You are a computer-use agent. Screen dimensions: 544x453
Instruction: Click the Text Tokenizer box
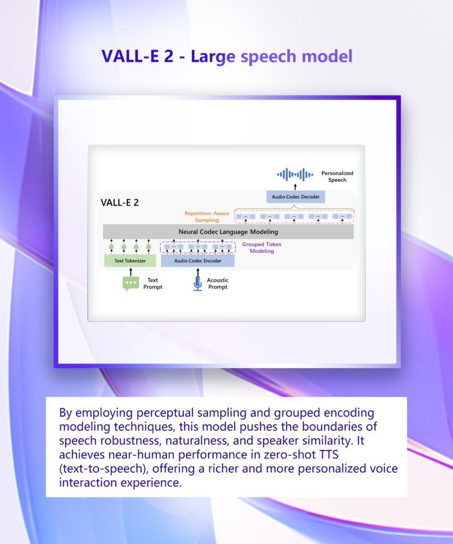tap(130, 261)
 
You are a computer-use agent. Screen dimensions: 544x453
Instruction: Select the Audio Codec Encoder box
tap(197, 261)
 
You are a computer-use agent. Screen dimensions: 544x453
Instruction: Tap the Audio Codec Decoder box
tap(295, 197)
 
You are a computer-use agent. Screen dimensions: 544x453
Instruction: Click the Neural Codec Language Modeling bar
tap(228, 232)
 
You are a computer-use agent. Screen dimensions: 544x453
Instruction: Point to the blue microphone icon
tap(198, 283)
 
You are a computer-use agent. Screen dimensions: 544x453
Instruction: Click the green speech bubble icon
tap(130, 283)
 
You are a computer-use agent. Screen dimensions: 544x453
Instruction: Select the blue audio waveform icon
tap(295, 174)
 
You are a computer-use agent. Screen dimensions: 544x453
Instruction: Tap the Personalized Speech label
tap(337, 176)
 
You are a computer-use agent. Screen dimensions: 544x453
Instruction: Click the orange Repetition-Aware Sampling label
tap(207, 216)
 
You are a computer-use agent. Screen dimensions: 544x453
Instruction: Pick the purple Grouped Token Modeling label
tap(262, 248)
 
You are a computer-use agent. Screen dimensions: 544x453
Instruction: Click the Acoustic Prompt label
tap(217, 284)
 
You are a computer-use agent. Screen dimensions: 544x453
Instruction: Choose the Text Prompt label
tap(153, 284)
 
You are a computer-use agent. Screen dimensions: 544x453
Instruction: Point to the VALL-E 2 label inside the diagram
tap(120, 202)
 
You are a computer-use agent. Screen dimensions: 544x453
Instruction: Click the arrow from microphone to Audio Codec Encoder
tap(198, 271)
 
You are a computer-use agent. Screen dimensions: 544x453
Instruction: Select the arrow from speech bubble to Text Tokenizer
tap(130, 271)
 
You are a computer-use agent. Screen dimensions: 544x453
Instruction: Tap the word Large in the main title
tap(213, 56)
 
